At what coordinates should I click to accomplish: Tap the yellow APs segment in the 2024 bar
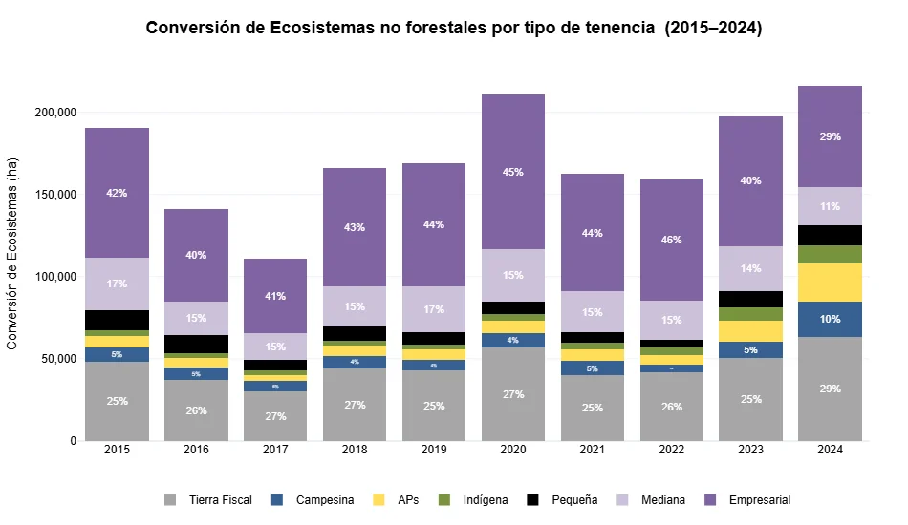(x=830, y=283)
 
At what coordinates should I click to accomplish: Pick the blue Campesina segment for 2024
(x=830, y=319)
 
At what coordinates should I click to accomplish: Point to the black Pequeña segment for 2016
(x=196, y=344)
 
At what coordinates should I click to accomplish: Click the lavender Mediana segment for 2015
(x=117, y=283)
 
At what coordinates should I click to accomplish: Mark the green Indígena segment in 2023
(x=750, y=314)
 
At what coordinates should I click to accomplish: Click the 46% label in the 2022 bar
(x=672, y=240)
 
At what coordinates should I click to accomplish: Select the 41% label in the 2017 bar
(x=275, y=296)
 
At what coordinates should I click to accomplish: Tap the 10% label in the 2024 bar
(x=830, y=319)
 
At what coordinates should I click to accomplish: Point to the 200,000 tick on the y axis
(x=54, y=113)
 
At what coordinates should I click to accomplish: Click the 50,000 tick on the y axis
(x=58, y=359)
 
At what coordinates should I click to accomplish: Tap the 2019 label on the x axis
(x=434, y=451)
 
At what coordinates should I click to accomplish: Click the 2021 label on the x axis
(x=593, y=451)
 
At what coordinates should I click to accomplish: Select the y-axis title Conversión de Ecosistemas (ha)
(x=13, y=253)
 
